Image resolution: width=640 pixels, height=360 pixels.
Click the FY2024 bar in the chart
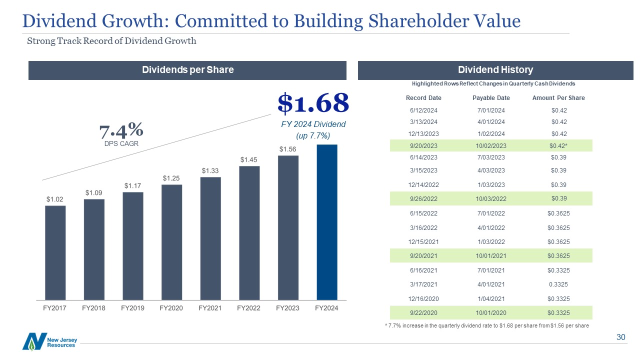(x=327, y=222)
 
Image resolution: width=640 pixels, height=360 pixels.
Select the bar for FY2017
(x=55, y=252)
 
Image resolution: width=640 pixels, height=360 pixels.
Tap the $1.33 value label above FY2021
(x=210, y=171)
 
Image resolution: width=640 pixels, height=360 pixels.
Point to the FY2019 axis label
(x=132, y=308)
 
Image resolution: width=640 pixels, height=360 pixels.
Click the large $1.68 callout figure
(x=313, y=103)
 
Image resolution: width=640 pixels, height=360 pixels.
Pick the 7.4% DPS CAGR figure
(x=121, y=130)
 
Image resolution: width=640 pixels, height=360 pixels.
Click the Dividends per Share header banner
(x=187, y=70)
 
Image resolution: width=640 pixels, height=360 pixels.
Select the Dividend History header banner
(x=495, y=70)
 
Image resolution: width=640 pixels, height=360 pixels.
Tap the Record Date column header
(x=423, y=98)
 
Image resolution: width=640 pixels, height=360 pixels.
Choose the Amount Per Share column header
(x=558, y=98)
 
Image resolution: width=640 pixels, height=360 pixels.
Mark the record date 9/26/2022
(x=423, y=198)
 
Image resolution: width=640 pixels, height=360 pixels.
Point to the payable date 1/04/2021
(x=490, y=299)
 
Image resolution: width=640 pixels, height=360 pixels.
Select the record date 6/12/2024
(x=423, y=110)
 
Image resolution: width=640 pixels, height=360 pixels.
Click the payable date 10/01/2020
(x=490, y=313)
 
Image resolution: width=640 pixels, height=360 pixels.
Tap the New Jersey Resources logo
(x=49, y=341)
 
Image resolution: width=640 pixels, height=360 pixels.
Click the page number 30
(x=621, y=337)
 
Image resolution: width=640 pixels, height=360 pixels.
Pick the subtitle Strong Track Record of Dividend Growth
(x=111, y=41)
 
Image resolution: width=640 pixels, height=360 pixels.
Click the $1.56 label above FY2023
(x=288, y=149)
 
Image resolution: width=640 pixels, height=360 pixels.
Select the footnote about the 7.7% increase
(x=486, y=325)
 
